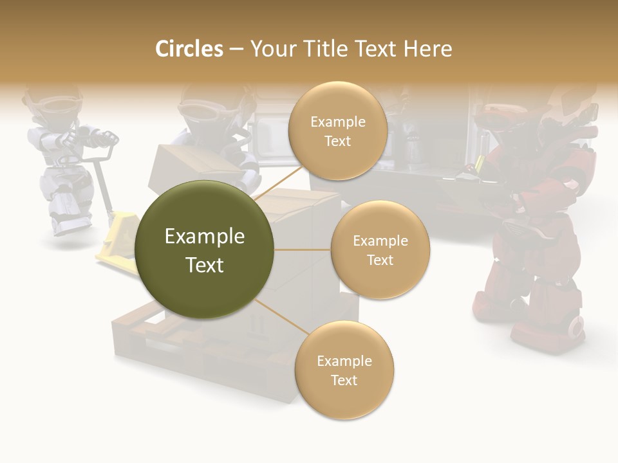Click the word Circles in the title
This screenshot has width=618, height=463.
[189, 49]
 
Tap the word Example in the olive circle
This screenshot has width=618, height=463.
[205, 237]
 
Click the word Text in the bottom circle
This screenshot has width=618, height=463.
[344, 380]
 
